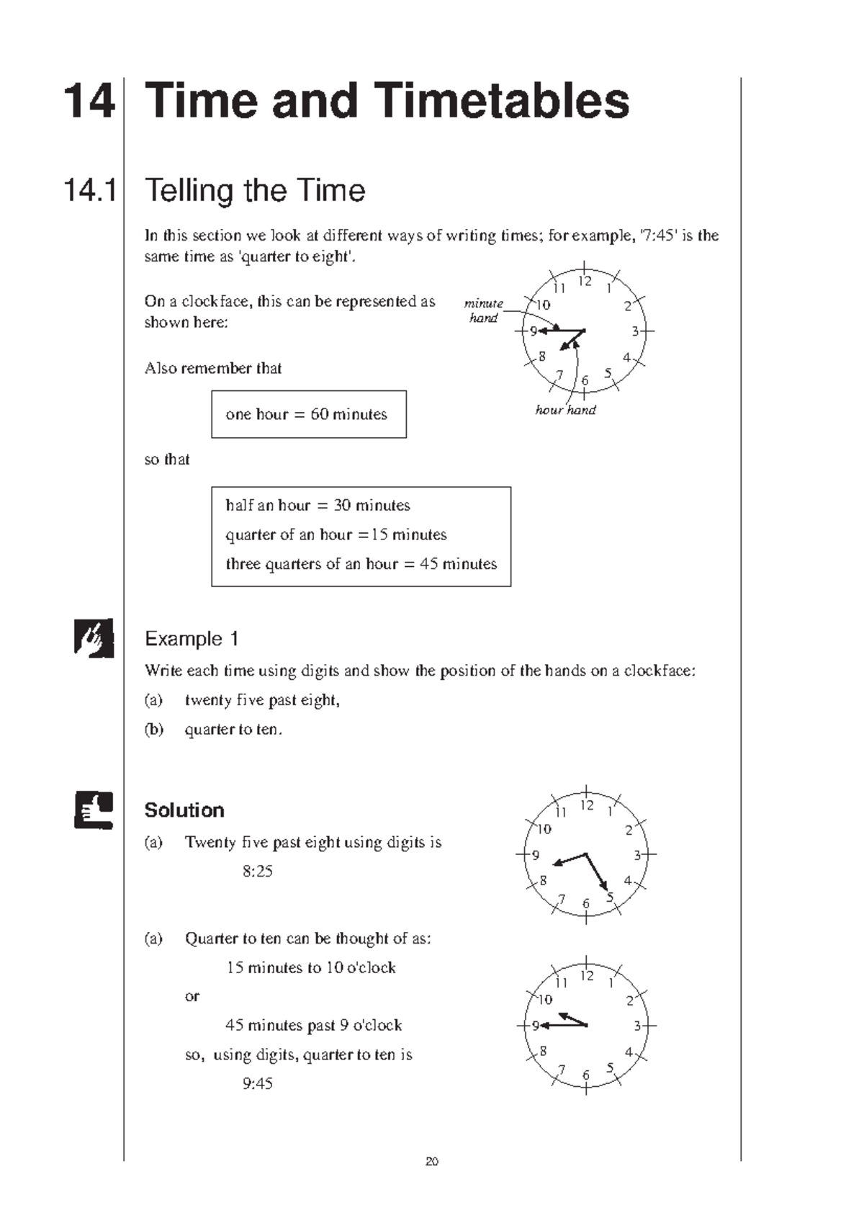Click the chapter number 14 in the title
click(x=89, y=101)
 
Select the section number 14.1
click(x=90, y=191)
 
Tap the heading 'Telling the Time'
click(x=255, y=191)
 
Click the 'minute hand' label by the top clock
click(x=483, y=310)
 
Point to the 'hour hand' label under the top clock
click(x=565, y=410)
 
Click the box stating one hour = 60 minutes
click(x=308, y=414)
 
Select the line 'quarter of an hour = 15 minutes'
click(x=336, y=534)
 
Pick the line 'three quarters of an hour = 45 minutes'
click(x=361, y=564)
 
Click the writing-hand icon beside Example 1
click(x=94, y=637)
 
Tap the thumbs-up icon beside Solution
click(x=94, y=810)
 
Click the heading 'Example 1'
click(x=192, y=639)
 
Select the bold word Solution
click(x=184, y=810)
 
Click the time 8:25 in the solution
click(x=257, y=872)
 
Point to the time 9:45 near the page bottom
click(x=257, y=1084)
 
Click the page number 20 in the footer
click(x=432, y=1161)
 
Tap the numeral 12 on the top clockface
click(x=585, y=282)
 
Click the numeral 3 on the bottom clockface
click(x=637, y=1026)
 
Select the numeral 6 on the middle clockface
click(x=586, y=903)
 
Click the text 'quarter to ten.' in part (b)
click(x=233, y=730)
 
